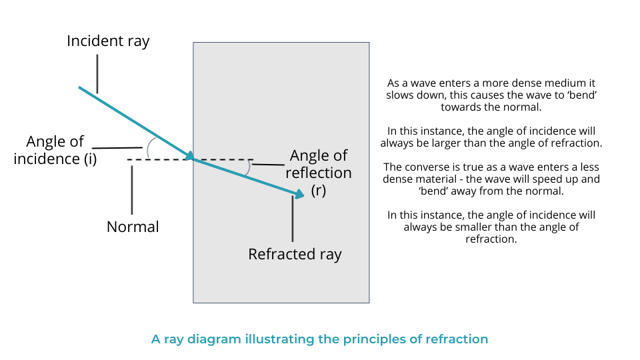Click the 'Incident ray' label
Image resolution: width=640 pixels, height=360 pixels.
(108, 41)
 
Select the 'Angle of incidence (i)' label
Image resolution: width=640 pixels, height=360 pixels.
(55, 150)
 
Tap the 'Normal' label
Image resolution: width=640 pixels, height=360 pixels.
(133, 227)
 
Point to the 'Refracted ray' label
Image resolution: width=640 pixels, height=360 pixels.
(295, 254)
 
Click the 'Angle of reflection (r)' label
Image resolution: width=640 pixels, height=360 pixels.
(319, 173)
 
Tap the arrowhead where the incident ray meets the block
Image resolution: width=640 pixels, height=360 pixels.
(189, 156)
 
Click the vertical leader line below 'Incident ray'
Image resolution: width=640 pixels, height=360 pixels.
(97, 73)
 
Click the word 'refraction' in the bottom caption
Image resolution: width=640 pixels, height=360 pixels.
(456, 339)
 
